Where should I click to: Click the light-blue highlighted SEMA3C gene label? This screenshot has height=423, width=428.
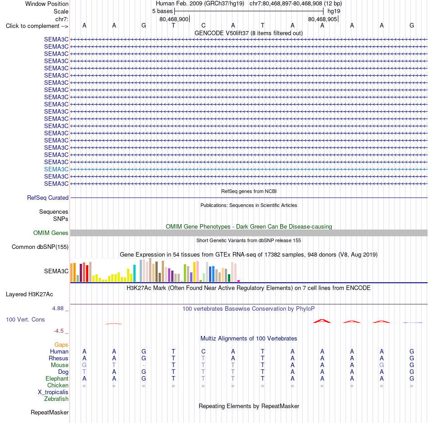click(56, 170)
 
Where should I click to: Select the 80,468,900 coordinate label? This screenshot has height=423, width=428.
click(174, 19)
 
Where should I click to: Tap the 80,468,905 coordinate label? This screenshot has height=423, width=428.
click(323, 19)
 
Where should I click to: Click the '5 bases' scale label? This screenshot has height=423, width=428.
click(162, 11)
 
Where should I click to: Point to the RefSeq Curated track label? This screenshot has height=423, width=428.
click(48, 198)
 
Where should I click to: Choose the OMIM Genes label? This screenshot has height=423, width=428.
click(51, 233)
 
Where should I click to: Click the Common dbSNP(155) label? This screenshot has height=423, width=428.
click(40, 247)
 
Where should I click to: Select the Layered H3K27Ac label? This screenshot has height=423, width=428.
click(29, 294)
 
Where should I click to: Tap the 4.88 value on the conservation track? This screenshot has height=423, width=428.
click(58, 308)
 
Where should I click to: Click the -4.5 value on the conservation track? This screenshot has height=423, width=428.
click(59, 331)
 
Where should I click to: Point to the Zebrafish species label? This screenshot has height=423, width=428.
click(56, 399)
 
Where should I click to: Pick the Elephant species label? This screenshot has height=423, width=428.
click(57, 378)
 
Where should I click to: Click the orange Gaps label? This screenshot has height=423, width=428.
click(61, 345)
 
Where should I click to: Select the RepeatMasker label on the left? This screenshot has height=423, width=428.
click(50, 412)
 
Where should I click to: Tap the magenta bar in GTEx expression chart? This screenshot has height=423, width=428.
click(239, 281)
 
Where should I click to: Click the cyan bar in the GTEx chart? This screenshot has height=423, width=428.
click(134, 273)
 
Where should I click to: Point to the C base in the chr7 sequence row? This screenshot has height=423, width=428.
click(203, 25)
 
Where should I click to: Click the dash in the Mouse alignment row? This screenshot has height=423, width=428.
click(144, 365)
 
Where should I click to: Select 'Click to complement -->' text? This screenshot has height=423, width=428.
click(37, 26)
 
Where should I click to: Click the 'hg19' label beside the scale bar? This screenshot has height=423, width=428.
click(334, 11)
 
